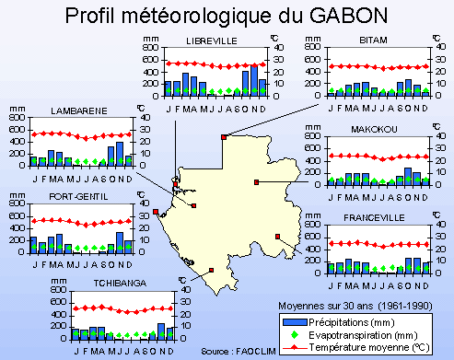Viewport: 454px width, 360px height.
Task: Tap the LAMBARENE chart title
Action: point(78,110)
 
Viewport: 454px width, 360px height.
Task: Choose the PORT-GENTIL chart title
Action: point(77,196)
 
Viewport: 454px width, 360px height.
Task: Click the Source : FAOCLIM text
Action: point(232,352)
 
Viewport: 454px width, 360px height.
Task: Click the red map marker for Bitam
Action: point(224,137)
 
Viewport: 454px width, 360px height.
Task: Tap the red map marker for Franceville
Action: point(277,237)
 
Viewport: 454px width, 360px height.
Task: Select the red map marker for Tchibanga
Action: point(213,270)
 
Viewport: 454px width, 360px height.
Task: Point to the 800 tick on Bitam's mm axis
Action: point(313,52)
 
